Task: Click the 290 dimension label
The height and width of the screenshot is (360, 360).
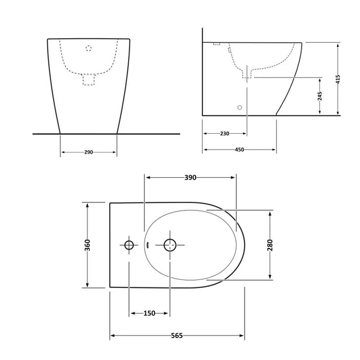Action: pyautogui.click(x=89, y=152)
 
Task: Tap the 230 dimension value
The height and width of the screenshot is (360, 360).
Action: pyautogui.click(x=225, y=134)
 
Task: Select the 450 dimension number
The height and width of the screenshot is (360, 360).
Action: pyautogui.click(x=239, y=150)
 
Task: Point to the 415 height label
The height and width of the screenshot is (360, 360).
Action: pyautogui.click(x=338, y=79)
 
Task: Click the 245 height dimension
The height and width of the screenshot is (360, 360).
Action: pyautogui.click(x=320, y=96)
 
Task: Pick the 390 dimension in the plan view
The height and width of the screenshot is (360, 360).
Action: pyautogui.click(x=190, y=178)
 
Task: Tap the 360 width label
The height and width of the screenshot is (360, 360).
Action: pyautogui.click(x=87, y=245)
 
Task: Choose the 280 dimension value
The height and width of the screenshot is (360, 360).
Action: pyautogui.click(x=270, y=245)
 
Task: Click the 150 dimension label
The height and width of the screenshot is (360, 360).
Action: pyautogui.click(x=149, y=313)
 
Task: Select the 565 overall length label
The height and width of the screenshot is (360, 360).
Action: pyautogui.click(x=177, y=335)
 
